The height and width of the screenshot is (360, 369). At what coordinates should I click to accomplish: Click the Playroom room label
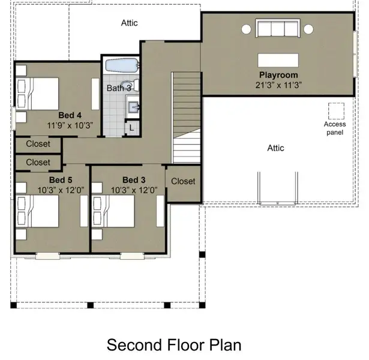277,75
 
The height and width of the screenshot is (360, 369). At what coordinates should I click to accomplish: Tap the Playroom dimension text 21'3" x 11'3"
277,85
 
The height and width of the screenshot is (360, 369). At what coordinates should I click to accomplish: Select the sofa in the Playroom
277,29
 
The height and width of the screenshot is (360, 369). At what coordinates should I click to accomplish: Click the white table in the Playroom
277,60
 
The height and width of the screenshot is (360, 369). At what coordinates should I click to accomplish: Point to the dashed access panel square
336,112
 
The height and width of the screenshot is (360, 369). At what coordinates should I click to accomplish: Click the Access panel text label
335,128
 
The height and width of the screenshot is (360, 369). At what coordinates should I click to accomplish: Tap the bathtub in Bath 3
122,65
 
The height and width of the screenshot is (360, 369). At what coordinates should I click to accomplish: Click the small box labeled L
131,127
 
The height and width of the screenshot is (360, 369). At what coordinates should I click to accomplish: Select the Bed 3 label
133,180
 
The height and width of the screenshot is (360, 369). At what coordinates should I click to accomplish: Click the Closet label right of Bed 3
183,181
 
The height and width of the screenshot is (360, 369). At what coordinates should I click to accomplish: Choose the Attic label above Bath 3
130,23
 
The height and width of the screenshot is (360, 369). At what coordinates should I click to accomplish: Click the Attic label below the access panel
275,148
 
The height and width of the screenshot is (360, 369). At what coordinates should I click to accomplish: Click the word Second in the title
131,345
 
